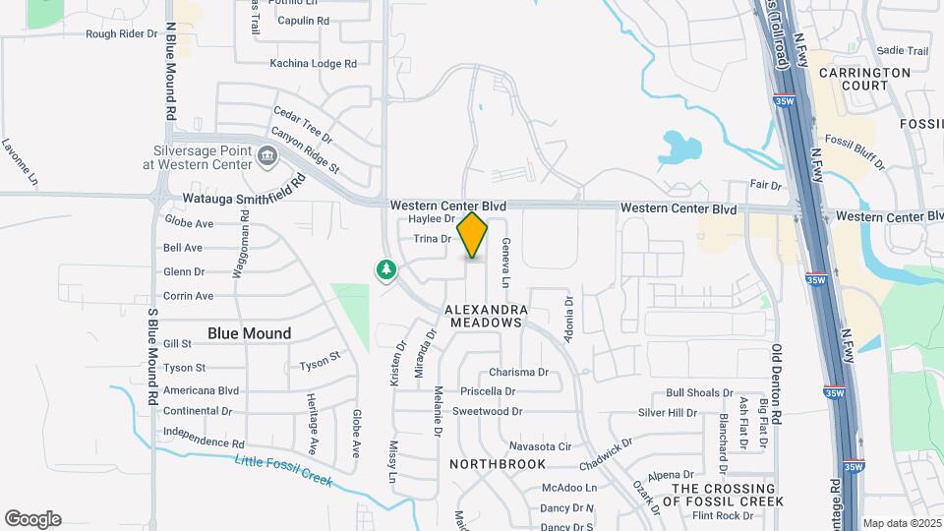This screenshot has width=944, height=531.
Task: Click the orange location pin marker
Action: (473, 235)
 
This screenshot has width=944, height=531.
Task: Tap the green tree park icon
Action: (386, 268)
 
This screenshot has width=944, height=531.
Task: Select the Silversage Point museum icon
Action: (266, 156)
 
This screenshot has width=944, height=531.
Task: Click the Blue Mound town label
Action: (249, 333)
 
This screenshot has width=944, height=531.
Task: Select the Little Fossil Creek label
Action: (284, 472)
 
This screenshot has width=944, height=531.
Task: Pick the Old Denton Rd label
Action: (776, 383)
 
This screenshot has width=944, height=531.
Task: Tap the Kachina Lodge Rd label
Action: (313, 64)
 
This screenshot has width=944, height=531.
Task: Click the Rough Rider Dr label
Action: (121, 33)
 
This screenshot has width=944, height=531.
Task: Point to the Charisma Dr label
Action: (518, 373)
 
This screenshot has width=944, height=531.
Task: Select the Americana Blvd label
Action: (202, 390)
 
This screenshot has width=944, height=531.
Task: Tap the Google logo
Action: (32, 519)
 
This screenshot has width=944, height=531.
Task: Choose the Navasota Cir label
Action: (541, 446)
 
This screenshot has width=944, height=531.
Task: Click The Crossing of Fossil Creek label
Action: (723, 495)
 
